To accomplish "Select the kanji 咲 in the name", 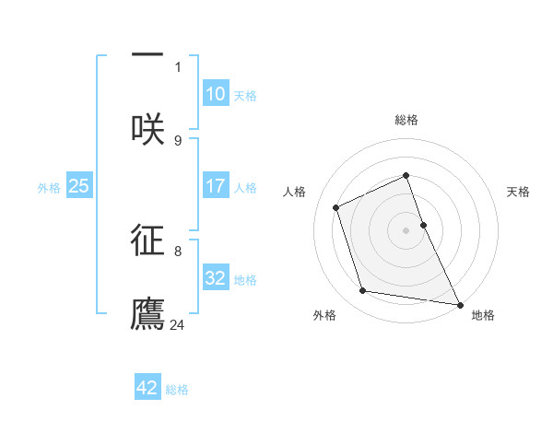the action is click(x=147, y=129).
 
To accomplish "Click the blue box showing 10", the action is click(x=216, y=94).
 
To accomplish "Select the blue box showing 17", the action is click(x=216, y=186).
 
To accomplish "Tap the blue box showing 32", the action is click(x=216, y=278).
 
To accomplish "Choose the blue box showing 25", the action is click(x=79, y=186).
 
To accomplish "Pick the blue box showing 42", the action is click(x=147, y=388).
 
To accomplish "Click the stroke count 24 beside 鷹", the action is click(x=179, y=324).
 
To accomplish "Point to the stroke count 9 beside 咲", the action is click(x=178, y=140).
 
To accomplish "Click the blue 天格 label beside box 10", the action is click(x=245, y=96).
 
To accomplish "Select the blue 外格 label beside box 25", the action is click(x=49, y=188).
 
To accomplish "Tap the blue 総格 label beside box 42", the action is click(x=177, y=390).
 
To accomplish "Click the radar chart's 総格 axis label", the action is click(x=406, y=121).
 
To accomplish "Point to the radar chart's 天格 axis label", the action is click(x=519, y=192).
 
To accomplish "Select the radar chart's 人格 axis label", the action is click(x=294, y=192).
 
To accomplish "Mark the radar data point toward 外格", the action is click(x=363, y=291).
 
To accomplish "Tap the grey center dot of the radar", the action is click(x=406, y=230).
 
